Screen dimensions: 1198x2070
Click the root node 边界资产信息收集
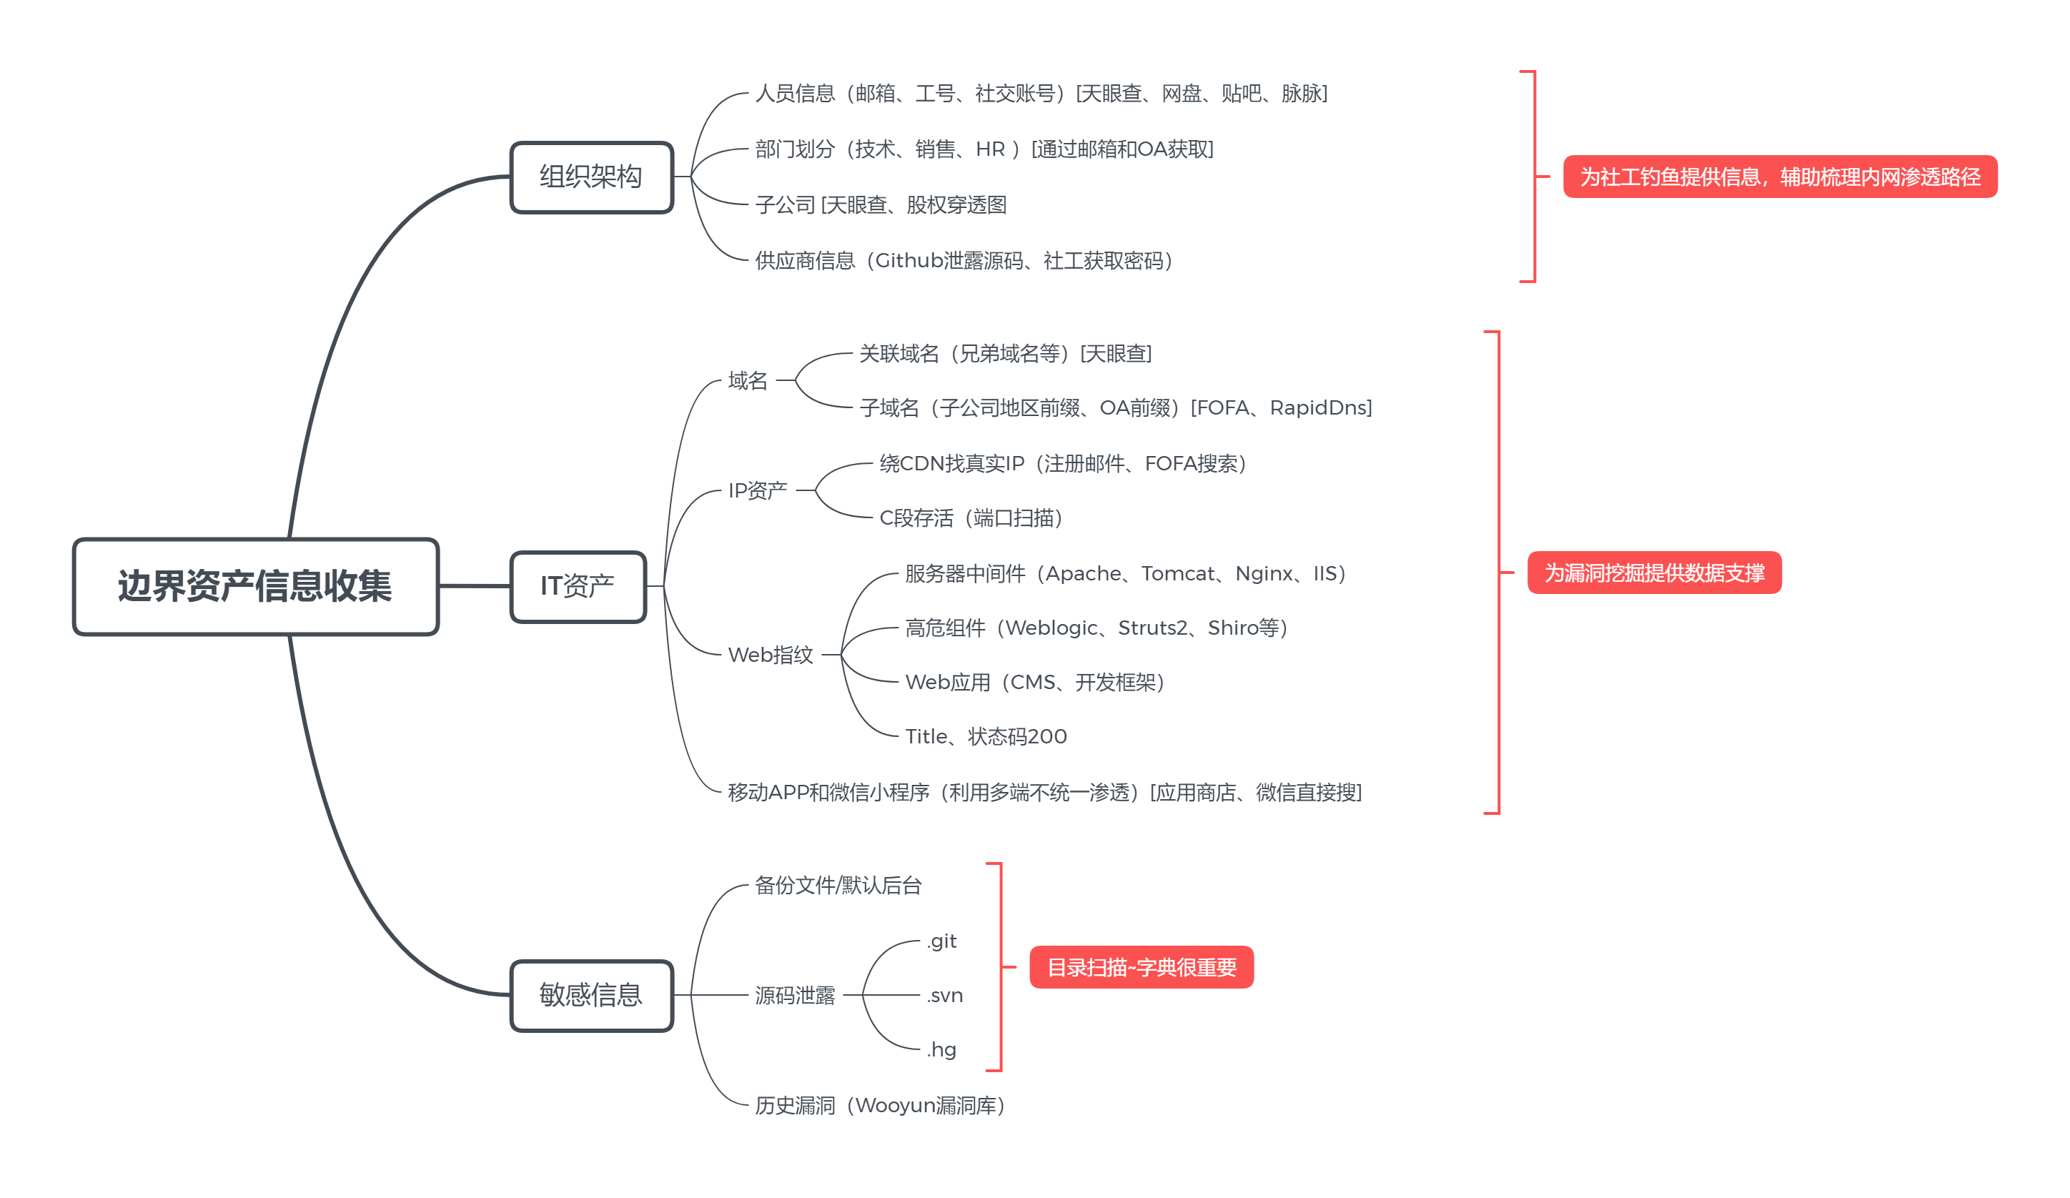[x=255, y=586]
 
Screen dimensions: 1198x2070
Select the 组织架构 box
[x=591, y=177]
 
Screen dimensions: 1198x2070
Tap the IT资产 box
[x=578, y=586]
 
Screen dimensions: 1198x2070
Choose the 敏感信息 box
[x=591, y=995]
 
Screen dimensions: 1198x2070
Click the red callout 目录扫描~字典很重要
[x=1141, y=967]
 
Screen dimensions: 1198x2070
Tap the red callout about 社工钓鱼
[x=1779, y=177]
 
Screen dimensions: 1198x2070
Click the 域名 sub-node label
[x=748, y=380]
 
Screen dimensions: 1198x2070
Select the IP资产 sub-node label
[x=758, y=490]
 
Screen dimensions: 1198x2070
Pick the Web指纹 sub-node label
[x=771, y=655]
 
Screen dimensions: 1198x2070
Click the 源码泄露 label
[x=794, y=995]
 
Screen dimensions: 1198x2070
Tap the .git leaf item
[x=941, y=941]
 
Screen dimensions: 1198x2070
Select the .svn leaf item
[x=945, y=995]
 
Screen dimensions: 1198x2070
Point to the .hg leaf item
[x=941, y=1049]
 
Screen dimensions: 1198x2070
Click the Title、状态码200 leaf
[x=986, y=736]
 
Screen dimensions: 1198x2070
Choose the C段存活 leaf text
[x=971, y=518]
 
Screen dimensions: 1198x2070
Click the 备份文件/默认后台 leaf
[x=838, y=885]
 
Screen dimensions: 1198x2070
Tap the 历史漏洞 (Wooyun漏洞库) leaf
[x=879, y=1105]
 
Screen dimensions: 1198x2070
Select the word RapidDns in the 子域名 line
[x=1320, y=407]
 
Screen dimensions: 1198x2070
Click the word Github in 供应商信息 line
[x=908, y=260]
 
